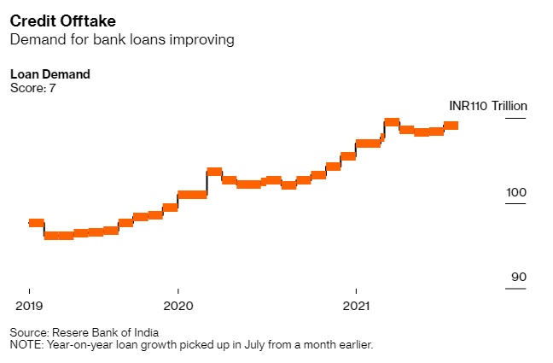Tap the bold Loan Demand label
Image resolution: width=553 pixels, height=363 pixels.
coord(50,74)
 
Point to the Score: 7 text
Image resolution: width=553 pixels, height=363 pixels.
coord(32,87)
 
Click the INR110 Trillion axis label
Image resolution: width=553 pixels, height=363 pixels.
coord(488,106)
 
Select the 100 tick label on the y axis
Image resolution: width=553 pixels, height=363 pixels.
coord(516,193)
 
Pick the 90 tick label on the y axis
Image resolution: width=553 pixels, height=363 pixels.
coord(519,278)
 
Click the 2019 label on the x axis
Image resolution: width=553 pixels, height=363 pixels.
coord(30,304)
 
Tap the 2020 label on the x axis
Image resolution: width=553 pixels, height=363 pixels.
coord(178,304)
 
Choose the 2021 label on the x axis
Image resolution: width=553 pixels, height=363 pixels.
coord(356,304)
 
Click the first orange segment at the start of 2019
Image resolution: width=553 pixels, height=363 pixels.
coord(36,223)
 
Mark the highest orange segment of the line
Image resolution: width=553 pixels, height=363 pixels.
coord(392,122)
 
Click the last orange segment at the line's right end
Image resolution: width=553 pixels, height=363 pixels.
coord(451,126)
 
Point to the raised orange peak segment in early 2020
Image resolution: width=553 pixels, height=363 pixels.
coord(214,172)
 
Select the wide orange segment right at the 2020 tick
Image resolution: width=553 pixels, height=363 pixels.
coord(192,195)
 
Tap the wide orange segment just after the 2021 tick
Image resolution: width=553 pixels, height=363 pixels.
coord(368,143)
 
